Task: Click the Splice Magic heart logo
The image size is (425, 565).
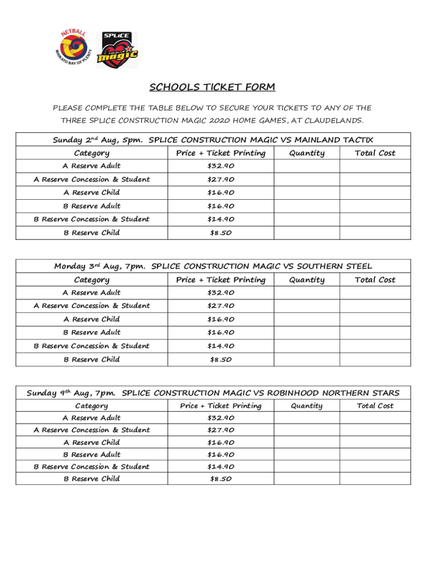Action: point(117,50)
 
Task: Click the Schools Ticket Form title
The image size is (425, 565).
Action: point(212,87)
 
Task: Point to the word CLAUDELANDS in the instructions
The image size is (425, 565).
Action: point(335,120)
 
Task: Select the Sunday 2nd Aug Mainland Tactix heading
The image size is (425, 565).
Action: point(212,140)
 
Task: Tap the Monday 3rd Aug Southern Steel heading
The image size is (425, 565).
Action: point(212,266)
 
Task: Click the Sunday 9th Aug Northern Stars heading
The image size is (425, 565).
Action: point(212,393)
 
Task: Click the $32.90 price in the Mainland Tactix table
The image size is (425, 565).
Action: point(221,166)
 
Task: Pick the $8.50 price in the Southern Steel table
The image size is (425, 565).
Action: point(221,360)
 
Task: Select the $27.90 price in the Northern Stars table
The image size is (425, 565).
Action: point(221,430)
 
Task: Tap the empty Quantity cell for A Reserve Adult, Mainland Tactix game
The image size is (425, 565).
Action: point(306,166)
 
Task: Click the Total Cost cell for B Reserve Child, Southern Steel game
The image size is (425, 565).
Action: point(375,360)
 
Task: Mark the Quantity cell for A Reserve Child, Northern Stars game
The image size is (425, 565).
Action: point(306,443)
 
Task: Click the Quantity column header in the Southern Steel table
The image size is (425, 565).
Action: point(307,280)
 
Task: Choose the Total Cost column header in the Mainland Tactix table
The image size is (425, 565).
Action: point(375,153)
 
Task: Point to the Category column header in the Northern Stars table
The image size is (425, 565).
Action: point(91,406)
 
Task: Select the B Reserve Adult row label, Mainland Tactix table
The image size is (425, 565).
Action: point(91,206)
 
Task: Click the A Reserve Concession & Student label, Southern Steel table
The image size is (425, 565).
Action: point(91,306)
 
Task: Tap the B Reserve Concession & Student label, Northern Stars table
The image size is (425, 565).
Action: point(91,467)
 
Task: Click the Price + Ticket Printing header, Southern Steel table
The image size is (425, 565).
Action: point(221,280)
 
